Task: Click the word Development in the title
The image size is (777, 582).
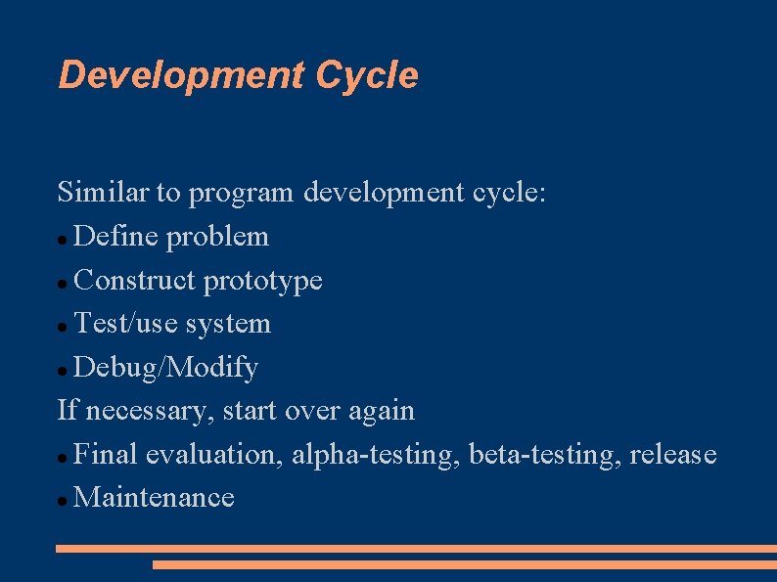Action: (x=181, y=75)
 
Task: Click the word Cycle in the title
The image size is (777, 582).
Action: (x=366, y=75)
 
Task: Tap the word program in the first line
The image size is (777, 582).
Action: (x=241, y=194)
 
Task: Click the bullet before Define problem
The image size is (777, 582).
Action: (x=63, y=239)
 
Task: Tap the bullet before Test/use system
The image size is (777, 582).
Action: (x=63, y=326)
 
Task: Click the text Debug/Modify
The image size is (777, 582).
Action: (x=165, y=369)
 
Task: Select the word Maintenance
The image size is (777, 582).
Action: (x=155, y=498)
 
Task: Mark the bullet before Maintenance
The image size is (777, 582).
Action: (x=63, y=500)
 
